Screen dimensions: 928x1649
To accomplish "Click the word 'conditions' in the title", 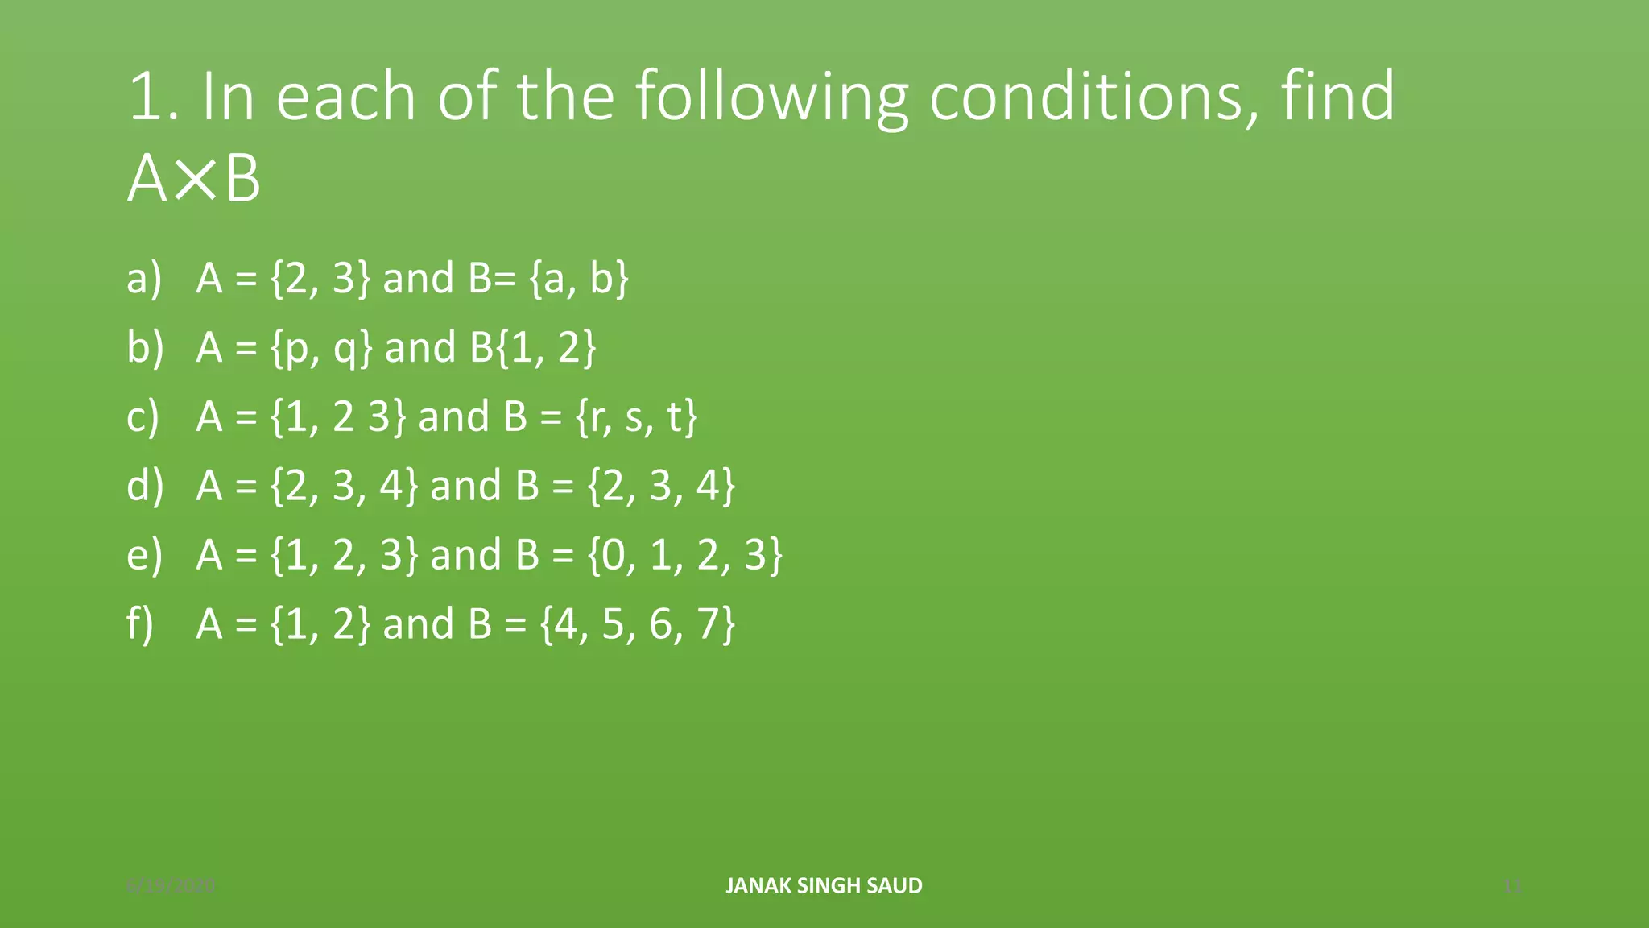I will point(1085,97).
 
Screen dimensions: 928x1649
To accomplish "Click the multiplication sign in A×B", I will point(194,179).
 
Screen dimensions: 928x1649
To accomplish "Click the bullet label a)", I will point(144,278).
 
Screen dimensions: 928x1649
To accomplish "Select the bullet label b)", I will point(145,347).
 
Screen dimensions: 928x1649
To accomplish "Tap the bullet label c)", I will point(143,416).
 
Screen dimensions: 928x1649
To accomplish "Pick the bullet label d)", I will point(145,486).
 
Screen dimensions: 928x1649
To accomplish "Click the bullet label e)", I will point(144,555).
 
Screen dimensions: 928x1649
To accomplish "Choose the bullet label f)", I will point(140,624).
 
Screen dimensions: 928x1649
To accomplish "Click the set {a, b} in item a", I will point(579,278).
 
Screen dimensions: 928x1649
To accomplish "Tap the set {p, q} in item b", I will point(321,347).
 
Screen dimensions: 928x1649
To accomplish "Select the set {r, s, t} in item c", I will point(636,416).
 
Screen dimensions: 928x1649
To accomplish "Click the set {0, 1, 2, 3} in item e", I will point(684,555).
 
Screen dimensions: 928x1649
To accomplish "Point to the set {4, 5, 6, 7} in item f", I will point(637,624).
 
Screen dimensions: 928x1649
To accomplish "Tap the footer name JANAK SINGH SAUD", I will point(824,885).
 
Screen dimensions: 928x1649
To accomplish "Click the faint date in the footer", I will point(171,886).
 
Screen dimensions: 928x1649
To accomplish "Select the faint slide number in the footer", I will point(1513,886).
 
